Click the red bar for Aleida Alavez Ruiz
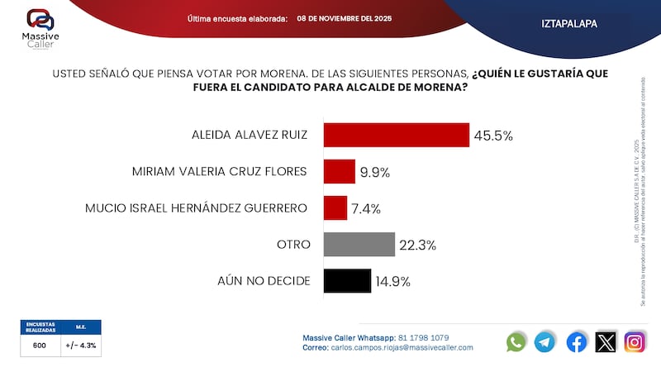[x=396, y=136]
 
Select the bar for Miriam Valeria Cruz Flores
[x=339, y=171]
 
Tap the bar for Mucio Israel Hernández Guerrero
[x=335, y=207]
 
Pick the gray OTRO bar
[x=359, y=244]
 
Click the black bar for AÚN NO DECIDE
[x=347, y=281]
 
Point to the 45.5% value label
[x=493, y=136]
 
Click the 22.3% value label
[x=419, y=245]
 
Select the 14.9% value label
[x=394, y=281]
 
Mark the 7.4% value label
[x=367, y=208]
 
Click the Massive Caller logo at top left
[x=40, y=26]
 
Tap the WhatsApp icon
[x=516, y=341]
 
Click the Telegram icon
[x=544, y=341]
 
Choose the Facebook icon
[x=576, y=341]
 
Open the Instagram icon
[x=635, y=341]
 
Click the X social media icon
[x=606, y=341]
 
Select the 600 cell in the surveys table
[x=40, y=346]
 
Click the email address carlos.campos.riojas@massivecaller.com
[x=402, y=348]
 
